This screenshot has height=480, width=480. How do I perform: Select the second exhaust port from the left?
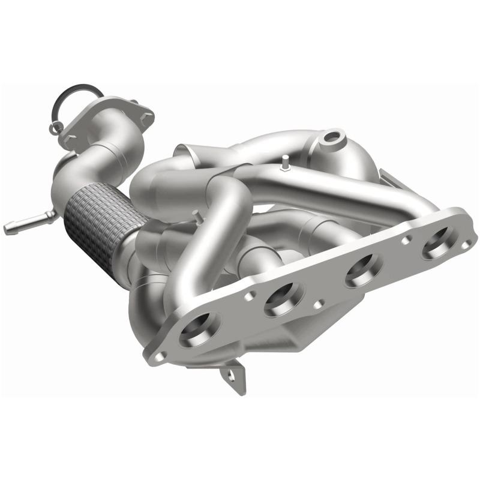(284, 296)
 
